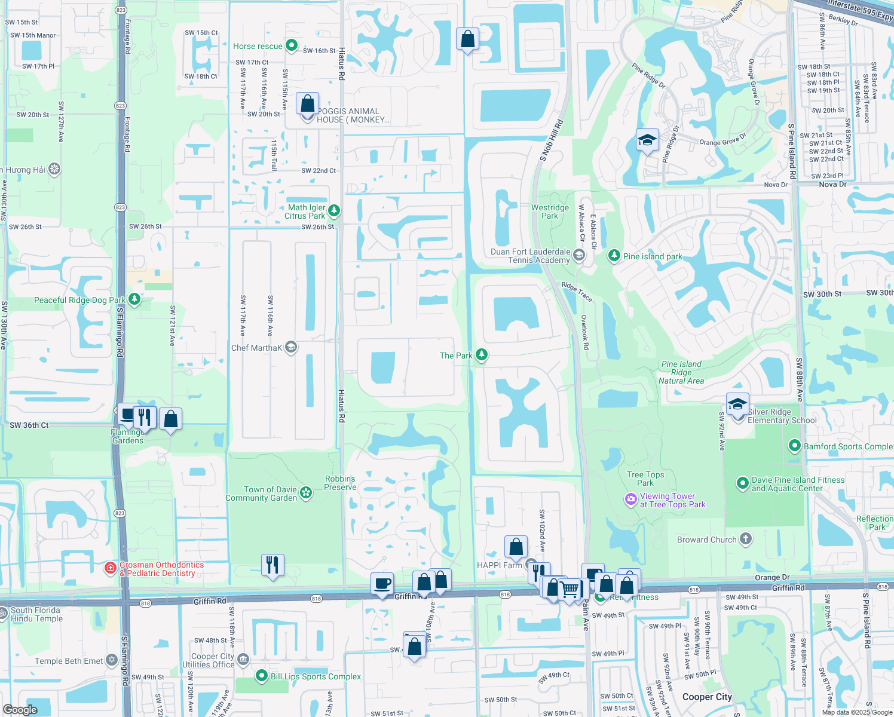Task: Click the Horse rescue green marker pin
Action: coord(291,45)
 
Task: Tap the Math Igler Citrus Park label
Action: coord(307,212)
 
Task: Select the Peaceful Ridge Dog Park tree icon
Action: coord(134,299)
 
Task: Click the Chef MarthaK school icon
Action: coord(291,347)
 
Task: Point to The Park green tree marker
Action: coord(481,355)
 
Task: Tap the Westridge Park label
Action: coord(550,212)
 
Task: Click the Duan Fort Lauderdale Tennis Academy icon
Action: coord(578,256)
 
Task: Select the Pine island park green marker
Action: coord(614,256)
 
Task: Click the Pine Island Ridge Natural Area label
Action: coord(681,372)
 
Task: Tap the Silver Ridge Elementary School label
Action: coord(782,416)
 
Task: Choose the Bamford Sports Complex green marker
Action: coord(794,446)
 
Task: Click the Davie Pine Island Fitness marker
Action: coord(742,483)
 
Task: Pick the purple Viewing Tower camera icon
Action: coord(630,500)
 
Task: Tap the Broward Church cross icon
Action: coord(745,539)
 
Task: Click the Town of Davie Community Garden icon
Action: coord(306,492)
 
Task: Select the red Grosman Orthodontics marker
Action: coord(110,568)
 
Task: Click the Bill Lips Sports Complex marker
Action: coord(261,676)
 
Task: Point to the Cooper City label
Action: coord(707,697)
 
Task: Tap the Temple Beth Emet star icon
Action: coord(112,660)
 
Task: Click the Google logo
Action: coord(20,710)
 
